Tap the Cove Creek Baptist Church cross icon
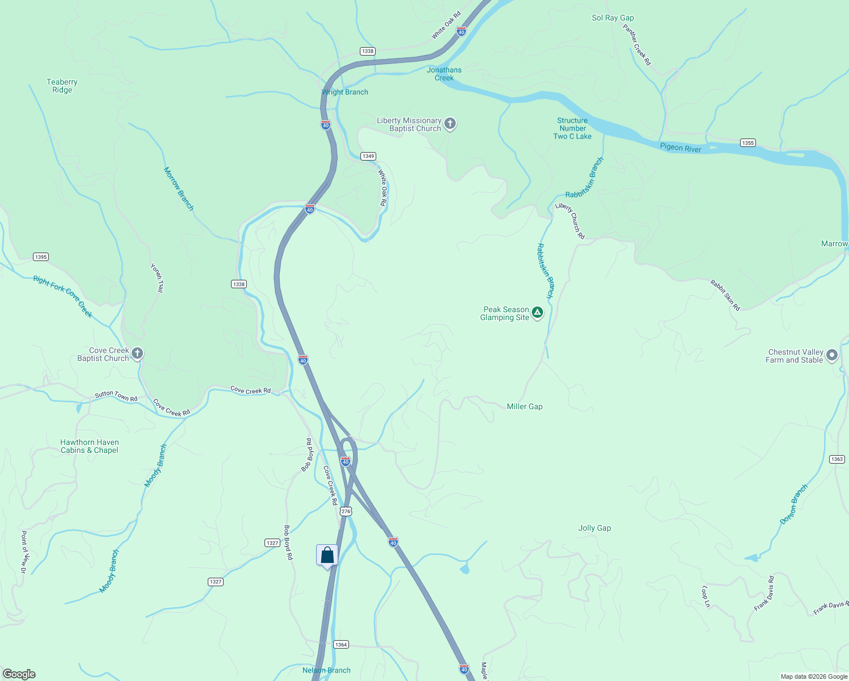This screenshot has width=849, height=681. point(137,354)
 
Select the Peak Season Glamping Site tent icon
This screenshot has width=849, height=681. point(537,312)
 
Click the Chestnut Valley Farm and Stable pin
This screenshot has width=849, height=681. point(832,355)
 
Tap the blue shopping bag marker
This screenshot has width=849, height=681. point(327,555)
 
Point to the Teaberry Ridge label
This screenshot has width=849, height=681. point(62,86)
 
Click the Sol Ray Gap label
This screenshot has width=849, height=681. point(612,18)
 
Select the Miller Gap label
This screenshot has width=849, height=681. point(524,406)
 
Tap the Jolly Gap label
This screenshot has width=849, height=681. point(594,528)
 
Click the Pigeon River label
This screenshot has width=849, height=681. point(680,148)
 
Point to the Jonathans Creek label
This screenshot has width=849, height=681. point(444,74)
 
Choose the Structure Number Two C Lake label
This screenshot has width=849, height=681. point(572,128)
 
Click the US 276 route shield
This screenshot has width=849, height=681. point(346,511)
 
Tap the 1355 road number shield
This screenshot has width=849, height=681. point(748,143)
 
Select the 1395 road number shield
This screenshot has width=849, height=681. point(41,257)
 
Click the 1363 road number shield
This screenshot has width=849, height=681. point(837,459)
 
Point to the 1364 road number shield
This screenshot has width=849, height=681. point(341,644)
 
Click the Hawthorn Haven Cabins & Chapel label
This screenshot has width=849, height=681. point(90,446)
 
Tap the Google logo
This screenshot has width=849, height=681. point(19,674)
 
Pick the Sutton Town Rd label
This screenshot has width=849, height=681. point(116,395)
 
